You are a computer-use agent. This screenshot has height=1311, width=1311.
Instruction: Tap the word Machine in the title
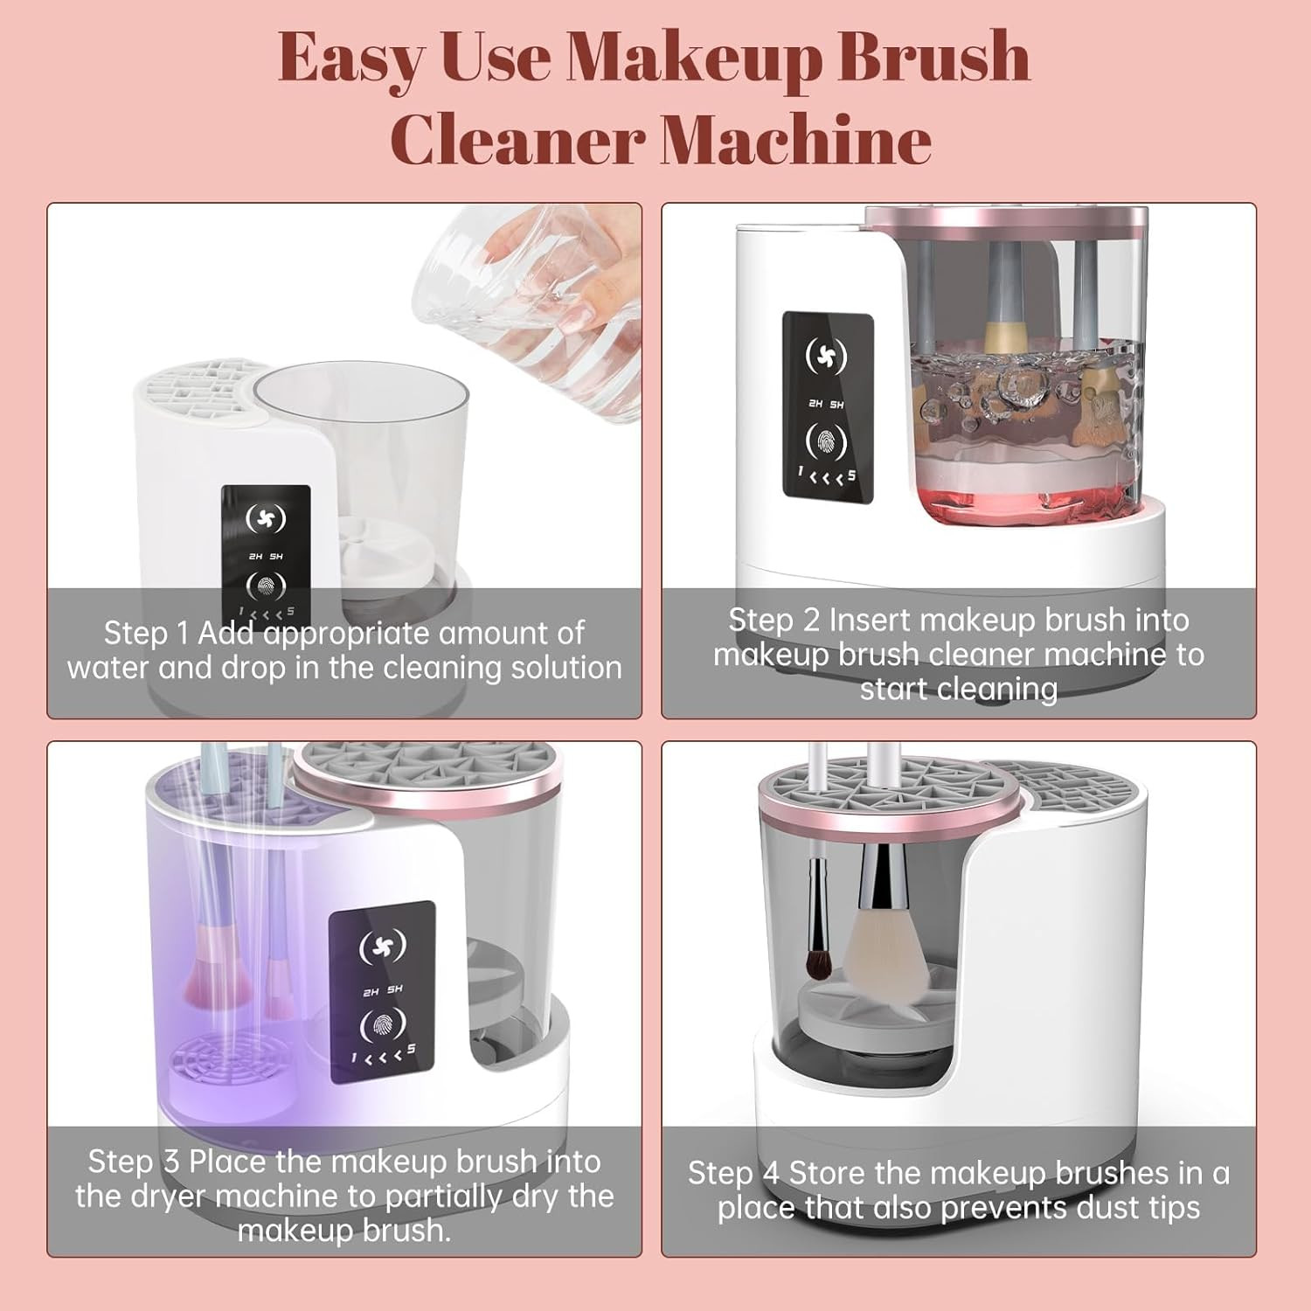pos(795,140)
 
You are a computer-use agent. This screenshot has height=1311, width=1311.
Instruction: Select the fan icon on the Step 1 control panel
pos(266,519)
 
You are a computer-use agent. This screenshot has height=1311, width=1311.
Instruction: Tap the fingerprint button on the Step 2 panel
pos(827,442)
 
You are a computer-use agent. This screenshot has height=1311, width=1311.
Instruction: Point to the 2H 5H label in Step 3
pos(383,991)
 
